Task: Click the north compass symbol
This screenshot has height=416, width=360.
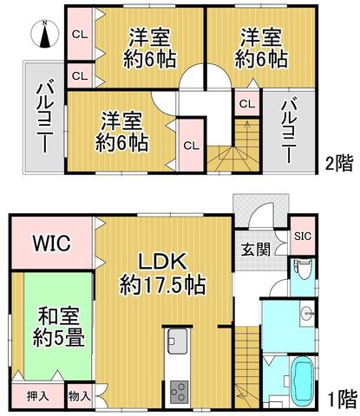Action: coord(44,34)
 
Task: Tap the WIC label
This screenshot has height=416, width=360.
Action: coord(52,244)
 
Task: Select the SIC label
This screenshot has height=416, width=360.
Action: coord(303,237)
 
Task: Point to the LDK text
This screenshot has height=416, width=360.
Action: coord(162,262)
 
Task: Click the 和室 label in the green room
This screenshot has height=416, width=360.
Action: coord(59,316)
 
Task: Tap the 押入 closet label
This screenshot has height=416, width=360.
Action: coord(37,396)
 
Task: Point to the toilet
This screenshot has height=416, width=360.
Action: coord(304,270)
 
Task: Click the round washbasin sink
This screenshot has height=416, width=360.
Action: coord(307,313)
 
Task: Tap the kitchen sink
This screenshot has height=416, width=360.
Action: coord(178,341)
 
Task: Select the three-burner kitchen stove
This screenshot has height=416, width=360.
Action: coord(179,393)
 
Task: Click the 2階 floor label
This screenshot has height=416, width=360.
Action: coord(339,163)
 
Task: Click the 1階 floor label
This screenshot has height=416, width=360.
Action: coord(343,400)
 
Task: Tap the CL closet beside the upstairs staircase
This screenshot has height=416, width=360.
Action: coord(247,104)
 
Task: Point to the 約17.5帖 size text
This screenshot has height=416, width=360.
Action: coord(163,285)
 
